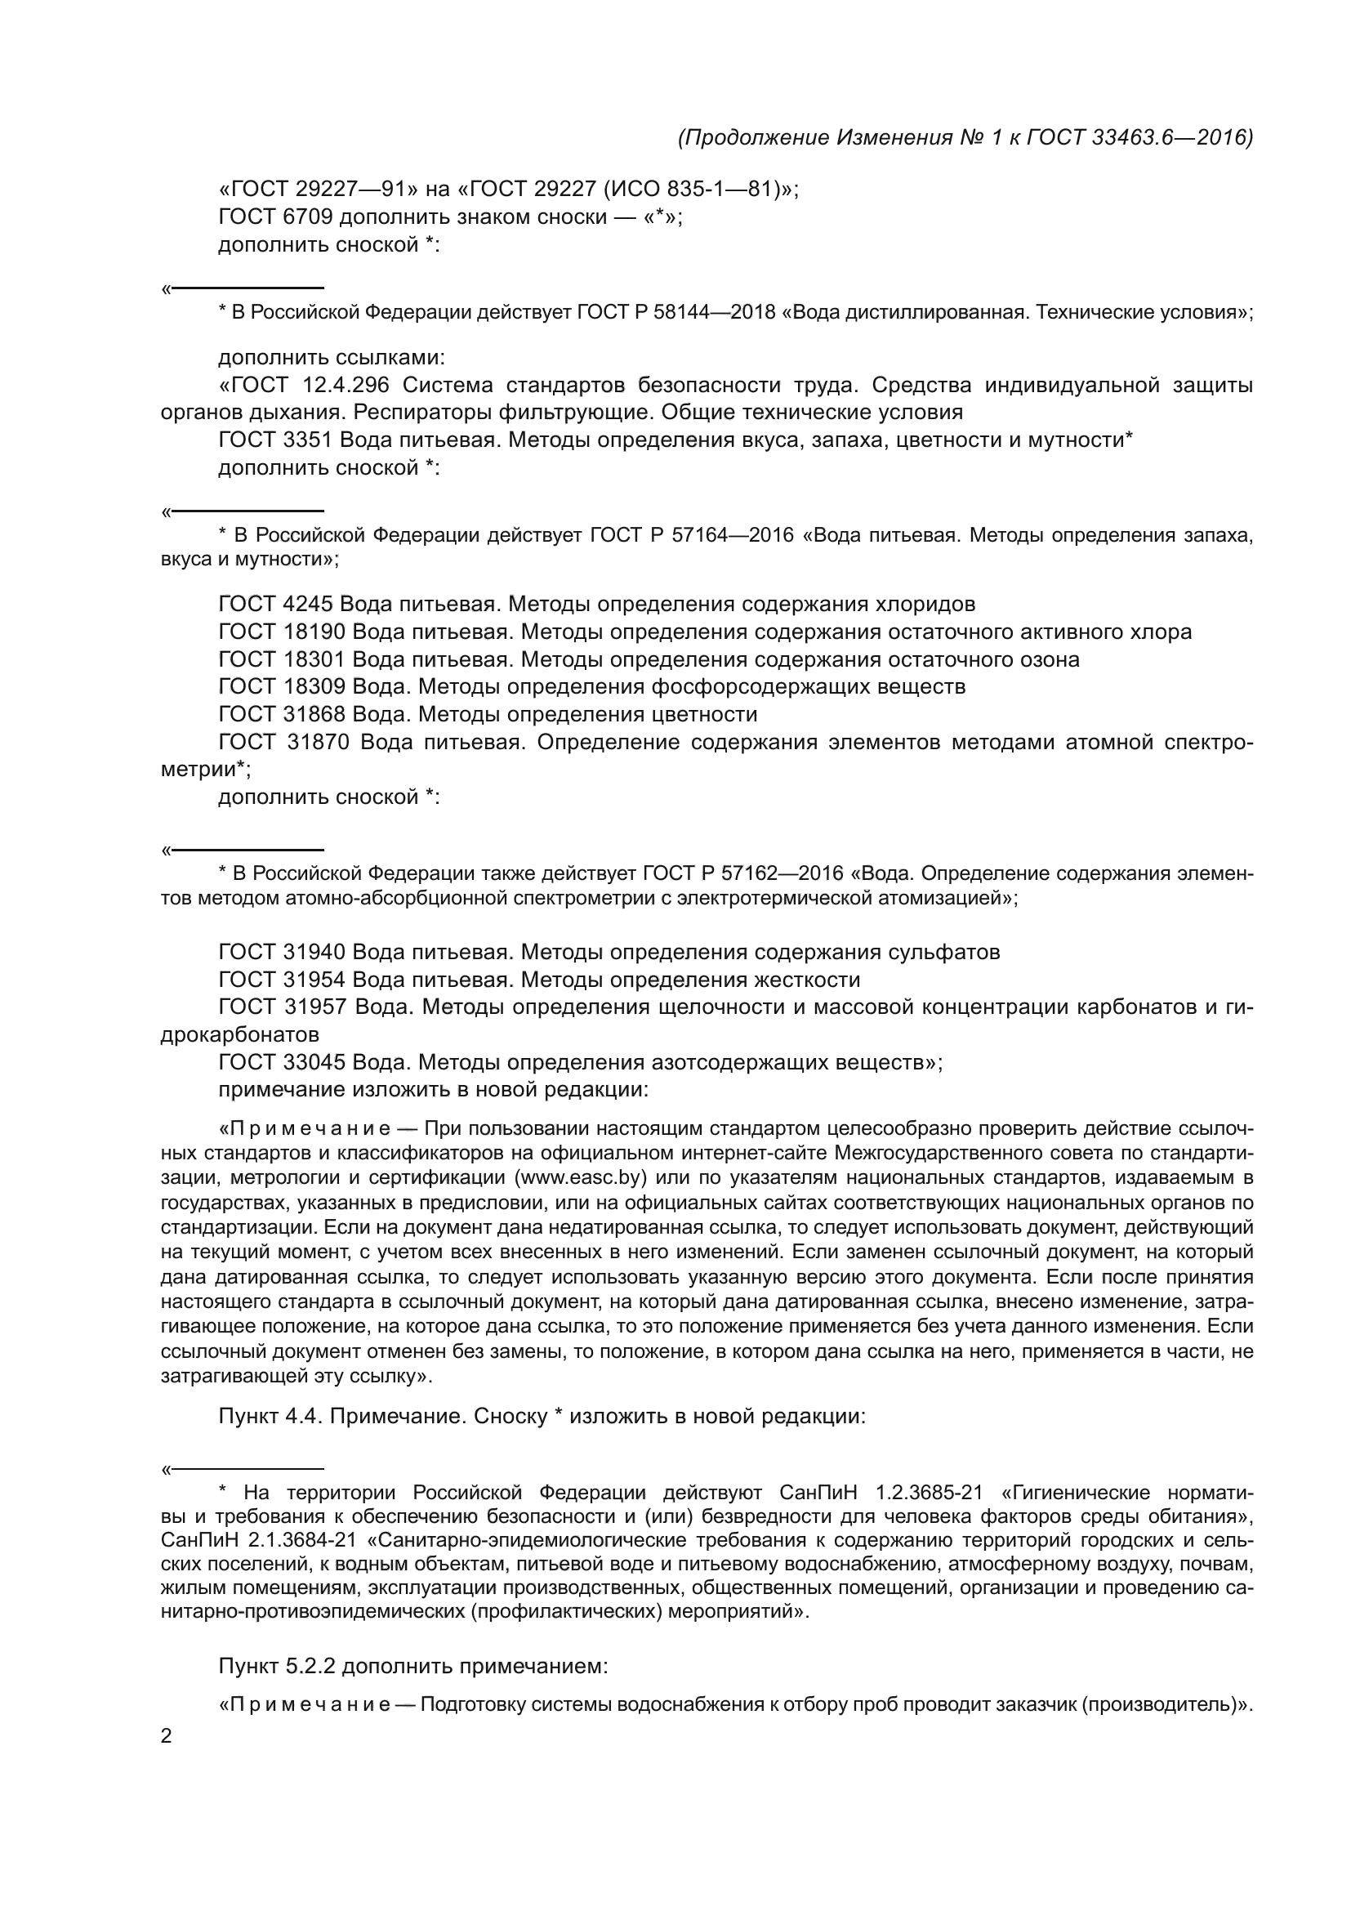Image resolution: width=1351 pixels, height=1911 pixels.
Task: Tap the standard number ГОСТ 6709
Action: pos(275,217)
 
